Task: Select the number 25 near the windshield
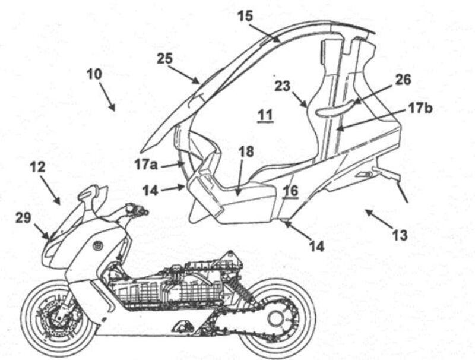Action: [x=165, y=58]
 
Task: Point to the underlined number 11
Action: [x=265, y=114]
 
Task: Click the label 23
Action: [x=283, y=86]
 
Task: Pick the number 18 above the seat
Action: [x=246, y=152]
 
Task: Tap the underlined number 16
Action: [x=290, y=191]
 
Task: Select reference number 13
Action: [x=400, y=236]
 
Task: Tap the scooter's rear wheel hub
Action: [x=275, y=319]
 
